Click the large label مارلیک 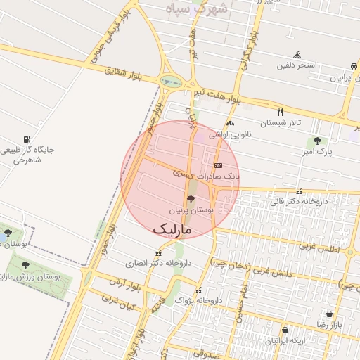(x=172, y=228)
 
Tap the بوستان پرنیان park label (x=191, y=210)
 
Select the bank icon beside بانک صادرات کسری (x=217, y=165)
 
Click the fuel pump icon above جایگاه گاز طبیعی (x=27, y=139)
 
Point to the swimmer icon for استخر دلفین (x=298, y=55)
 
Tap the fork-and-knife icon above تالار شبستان (x=280, y=112)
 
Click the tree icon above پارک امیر (x=319, y=141)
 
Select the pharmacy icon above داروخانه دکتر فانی (x=300, y=191)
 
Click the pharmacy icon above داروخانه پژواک (x=199, y=290)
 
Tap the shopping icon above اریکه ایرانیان (x=285, y=330)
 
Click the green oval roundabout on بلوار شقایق (x=169, y=81)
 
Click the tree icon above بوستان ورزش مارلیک (x=26, y=265)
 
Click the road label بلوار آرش (x=120, y=282)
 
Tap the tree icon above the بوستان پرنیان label (x=191, y=200)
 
